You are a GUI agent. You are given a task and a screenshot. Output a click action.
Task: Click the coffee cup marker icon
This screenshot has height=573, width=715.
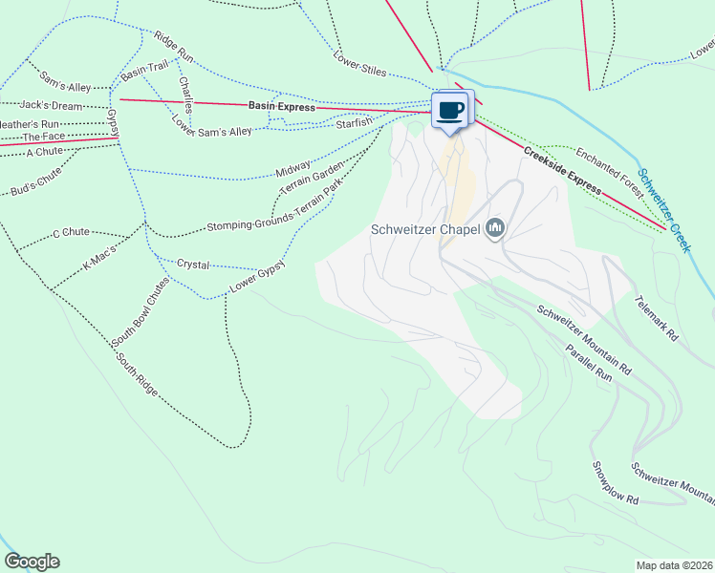point(451,109)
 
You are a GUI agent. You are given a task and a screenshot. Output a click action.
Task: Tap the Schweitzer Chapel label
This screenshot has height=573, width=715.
point(426,229)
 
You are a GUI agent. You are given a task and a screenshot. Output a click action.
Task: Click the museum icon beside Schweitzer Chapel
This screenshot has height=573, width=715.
point(495,228)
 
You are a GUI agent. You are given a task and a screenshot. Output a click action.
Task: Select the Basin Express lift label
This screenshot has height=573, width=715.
point(281,107)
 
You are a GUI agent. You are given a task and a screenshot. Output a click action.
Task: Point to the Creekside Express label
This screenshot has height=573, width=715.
point(562,172)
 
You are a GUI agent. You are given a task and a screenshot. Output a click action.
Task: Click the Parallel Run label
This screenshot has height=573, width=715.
point(587,364)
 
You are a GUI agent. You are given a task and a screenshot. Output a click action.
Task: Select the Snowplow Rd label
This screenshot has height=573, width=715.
point(614,483)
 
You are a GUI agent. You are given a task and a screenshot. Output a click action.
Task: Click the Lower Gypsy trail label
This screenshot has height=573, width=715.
point(258,279)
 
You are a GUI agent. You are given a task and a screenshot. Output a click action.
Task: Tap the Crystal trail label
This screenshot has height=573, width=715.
point(193,263)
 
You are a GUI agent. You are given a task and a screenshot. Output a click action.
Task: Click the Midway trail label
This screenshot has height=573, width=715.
point(292,170)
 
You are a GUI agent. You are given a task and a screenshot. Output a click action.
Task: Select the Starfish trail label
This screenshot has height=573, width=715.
point(354,124)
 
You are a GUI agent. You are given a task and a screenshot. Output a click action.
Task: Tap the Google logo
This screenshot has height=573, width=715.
point(32,562)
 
